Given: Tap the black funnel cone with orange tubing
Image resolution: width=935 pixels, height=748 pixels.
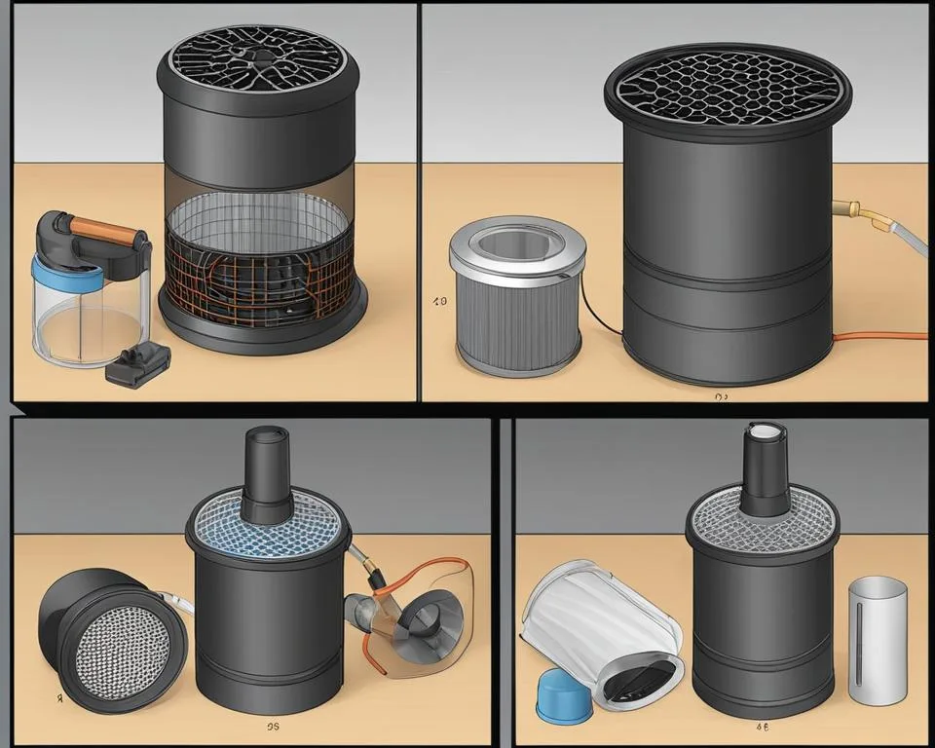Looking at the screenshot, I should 426,615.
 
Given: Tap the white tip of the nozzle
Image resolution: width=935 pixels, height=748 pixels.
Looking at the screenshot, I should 762,430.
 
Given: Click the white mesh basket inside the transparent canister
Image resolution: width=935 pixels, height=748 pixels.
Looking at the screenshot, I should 261,210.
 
